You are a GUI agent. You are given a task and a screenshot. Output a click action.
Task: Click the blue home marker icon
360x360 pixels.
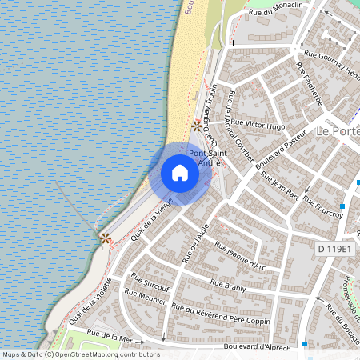180,173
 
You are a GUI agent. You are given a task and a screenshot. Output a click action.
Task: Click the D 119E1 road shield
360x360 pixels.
334,250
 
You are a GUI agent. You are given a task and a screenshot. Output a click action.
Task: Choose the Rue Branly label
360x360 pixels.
226,283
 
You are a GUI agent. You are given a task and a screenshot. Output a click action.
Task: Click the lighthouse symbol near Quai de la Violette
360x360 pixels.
105,238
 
